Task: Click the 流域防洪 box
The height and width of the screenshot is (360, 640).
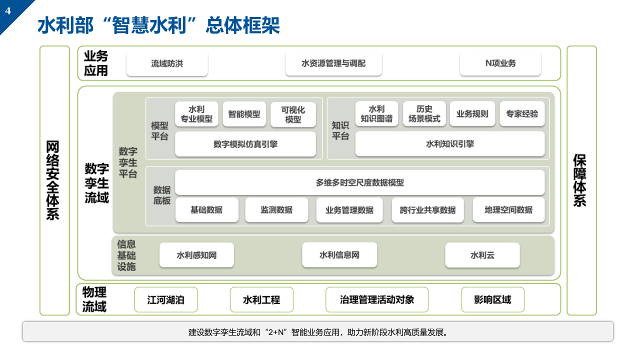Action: pos(167,63)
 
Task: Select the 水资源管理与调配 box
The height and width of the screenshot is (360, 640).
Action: pos(333,63)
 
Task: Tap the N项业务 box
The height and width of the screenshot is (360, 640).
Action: pos(500,63)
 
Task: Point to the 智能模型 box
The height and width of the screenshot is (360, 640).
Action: pos(244,114)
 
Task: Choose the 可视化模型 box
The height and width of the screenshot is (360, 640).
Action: pos(293,114)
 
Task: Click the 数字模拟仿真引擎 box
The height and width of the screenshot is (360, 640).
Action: pos(245,144)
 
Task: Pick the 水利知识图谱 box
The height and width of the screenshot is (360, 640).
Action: pos(376,114)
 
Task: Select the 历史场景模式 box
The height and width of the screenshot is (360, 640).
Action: pos(424,114)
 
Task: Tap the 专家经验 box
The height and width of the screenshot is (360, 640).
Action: pos(522,114)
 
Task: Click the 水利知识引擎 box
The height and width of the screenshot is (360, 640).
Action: pos(450,144)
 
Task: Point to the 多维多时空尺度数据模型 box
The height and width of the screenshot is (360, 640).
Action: pos(359,182)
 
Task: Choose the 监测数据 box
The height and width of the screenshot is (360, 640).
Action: pos(276,210)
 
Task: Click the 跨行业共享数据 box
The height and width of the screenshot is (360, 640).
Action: pos(427,210)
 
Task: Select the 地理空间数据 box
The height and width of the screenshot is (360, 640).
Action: pos(508,210)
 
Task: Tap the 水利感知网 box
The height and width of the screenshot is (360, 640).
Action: pos(196,255)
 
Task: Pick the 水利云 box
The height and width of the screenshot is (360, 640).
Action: pos(482,255)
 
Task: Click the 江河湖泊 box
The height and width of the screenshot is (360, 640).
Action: pos(166,300)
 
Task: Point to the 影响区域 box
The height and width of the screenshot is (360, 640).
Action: pos(492,300)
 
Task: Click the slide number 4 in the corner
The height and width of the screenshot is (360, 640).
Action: pos(8,10)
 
